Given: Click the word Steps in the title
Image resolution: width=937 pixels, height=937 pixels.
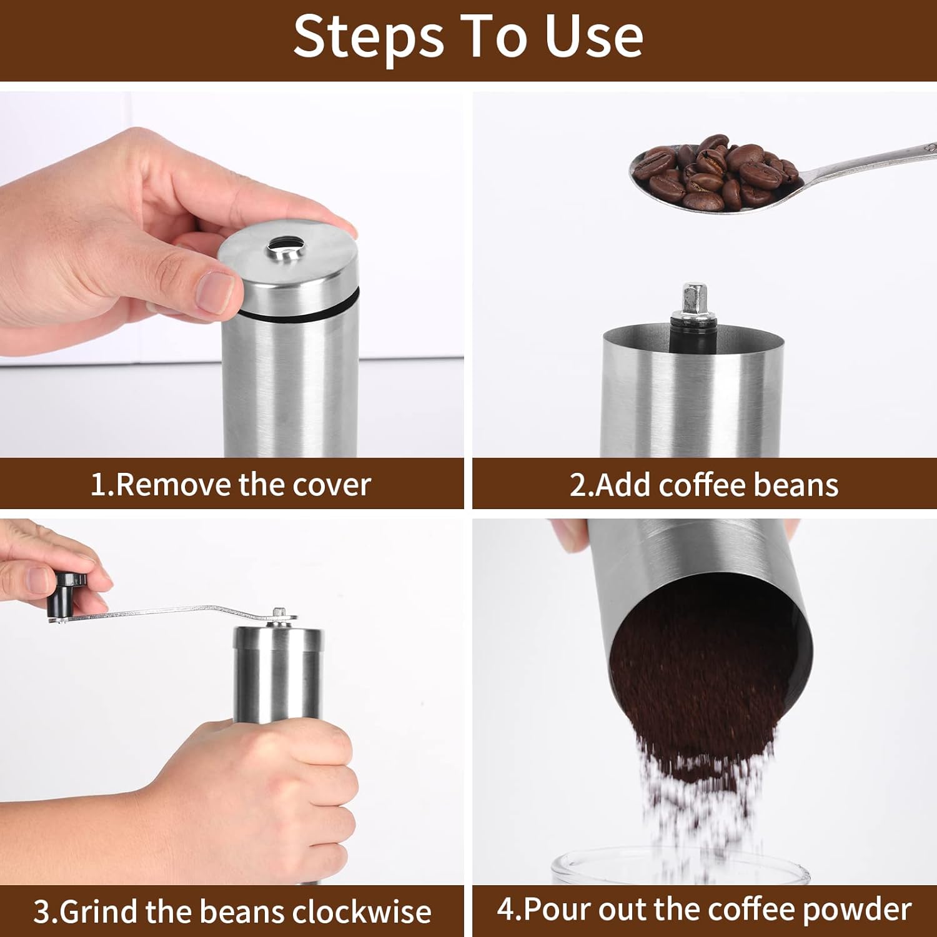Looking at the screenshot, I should tap(368, 37).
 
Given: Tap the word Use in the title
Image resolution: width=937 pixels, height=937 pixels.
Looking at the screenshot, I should tap(594, 37).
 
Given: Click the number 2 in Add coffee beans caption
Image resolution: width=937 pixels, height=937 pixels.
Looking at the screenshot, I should tap(577, 485).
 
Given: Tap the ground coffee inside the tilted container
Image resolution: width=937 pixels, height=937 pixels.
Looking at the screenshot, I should tap(700, 675).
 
